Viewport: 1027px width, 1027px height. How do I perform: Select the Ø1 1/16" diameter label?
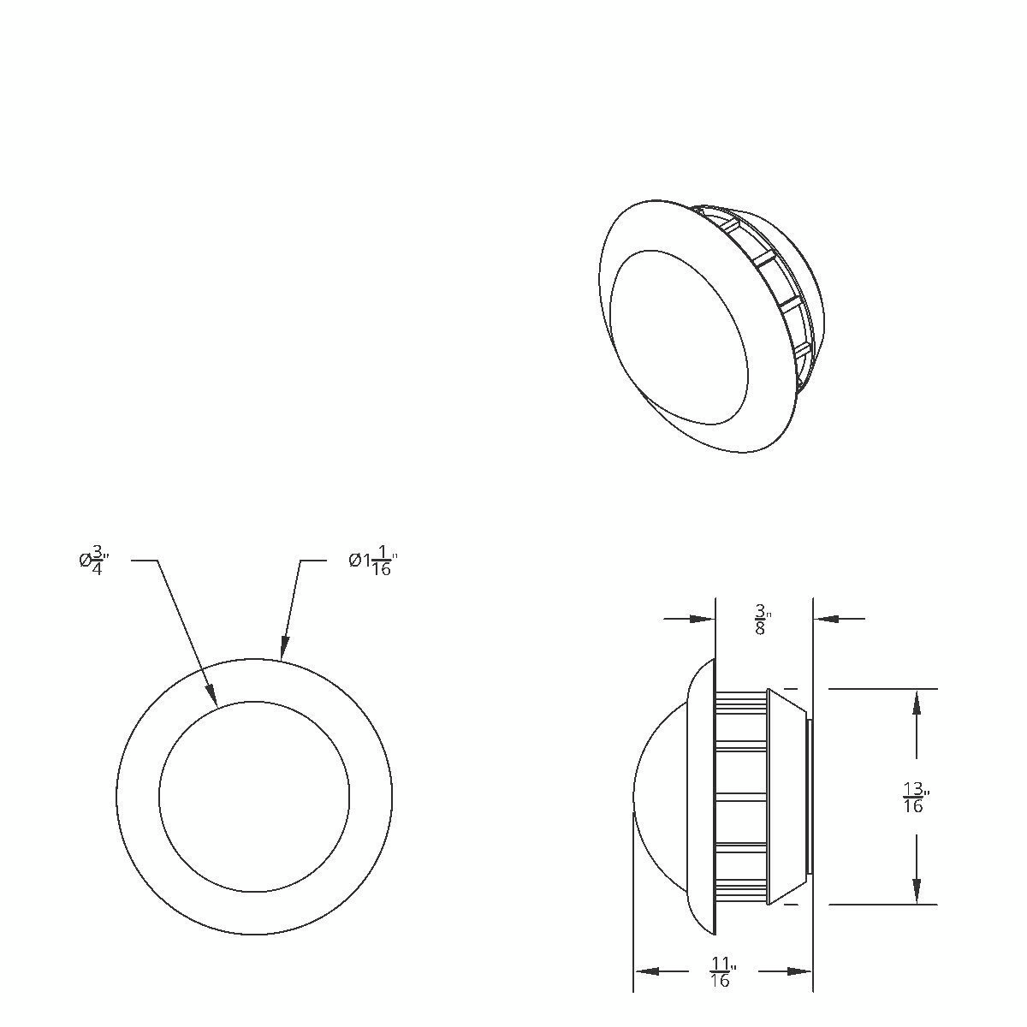coord(373,561)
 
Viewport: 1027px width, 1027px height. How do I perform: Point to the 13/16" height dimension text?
coord(915,797)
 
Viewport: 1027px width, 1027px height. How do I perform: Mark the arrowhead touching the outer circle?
coord(284,650)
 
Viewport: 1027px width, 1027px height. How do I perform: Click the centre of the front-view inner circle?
coord(254,797)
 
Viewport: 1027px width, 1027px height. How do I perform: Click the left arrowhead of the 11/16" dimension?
coord(644,971)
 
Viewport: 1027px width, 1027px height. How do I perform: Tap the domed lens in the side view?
coord(663,796)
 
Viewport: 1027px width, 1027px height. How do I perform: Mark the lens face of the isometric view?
coord(680,338)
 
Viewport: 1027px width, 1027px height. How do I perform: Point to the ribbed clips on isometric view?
coord(779,291)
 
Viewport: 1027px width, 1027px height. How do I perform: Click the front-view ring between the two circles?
coord(137,797)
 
